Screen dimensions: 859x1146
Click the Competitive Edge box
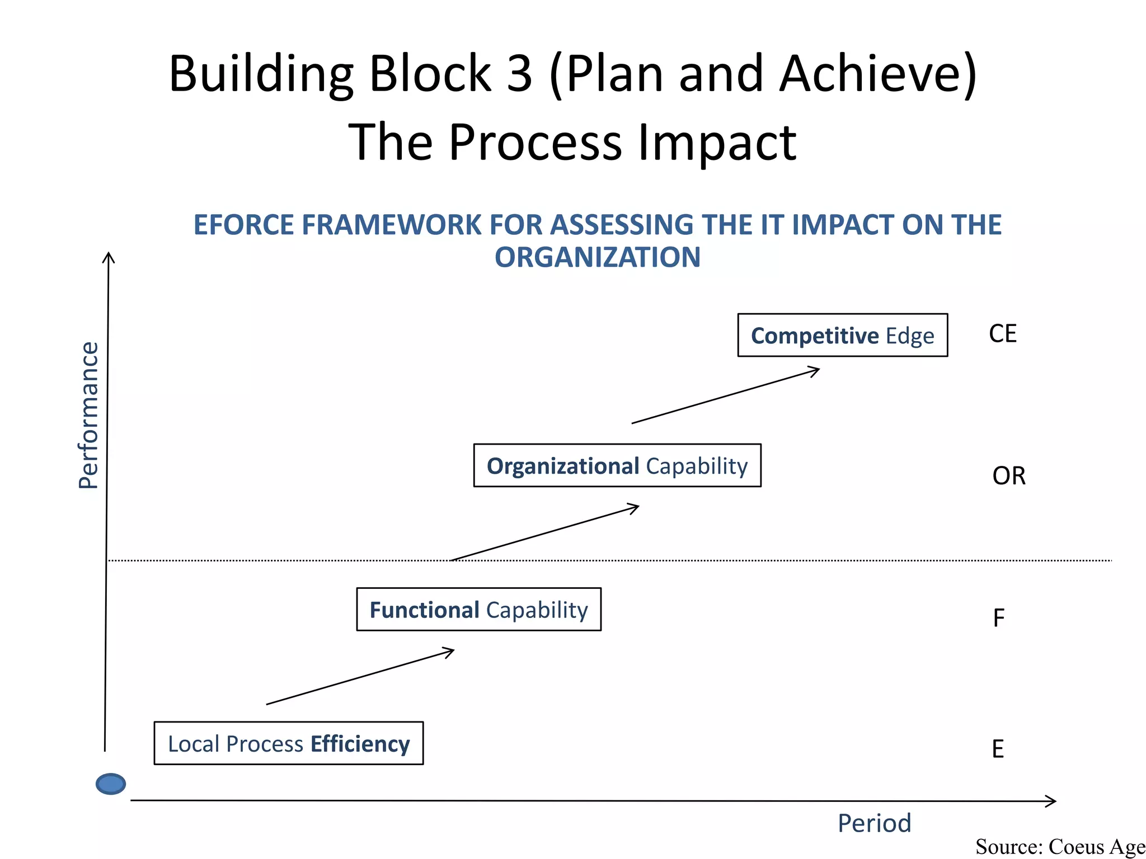pos(842,335)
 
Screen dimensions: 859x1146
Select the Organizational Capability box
pos(617,465)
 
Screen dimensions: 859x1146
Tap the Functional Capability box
pos(478,609)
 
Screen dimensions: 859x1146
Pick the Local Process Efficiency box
pos(288,743)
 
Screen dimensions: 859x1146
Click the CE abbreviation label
pos(1002,334)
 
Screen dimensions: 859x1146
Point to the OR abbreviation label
pos(1008,476)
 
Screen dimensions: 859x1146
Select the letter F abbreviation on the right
pos(998,618)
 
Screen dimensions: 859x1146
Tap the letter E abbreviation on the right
pos(998,749)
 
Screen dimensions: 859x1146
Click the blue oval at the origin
pos(111,784)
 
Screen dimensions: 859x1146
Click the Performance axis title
pos(88,415)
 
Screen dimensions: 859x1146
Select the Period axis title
pos(874,823)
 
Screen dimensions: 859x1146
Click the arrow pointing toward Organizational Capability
pos(545,532)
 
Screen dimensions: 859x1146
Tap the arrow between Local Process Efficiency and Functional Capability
pos(360,676)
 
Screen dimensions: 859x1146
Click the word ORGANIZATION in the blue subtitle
pos(597,257)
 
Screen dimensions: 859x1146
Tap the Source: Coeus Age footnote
pos(1060,847)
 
